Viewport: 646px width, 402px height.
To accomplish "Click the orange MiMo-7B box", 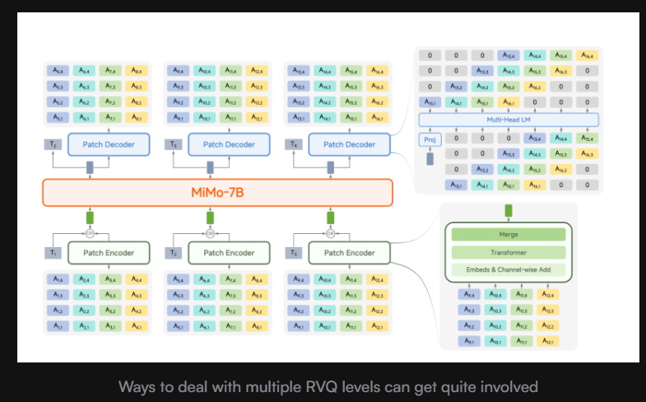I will tap(217, 192).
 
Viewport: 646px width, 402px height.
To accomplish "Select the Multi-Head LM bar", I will tap(509, 120).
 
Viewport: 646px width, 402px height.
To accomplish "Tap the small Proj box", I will tap(429, 139).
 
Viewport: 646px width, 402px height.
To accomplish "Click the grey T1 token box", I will tap(53, 253).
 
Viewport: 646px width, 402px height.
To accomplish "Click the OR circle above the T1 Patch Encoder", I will tap(91, 232).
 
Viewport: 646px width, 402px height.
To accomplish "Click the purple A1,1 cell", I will tap(58, 327).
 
